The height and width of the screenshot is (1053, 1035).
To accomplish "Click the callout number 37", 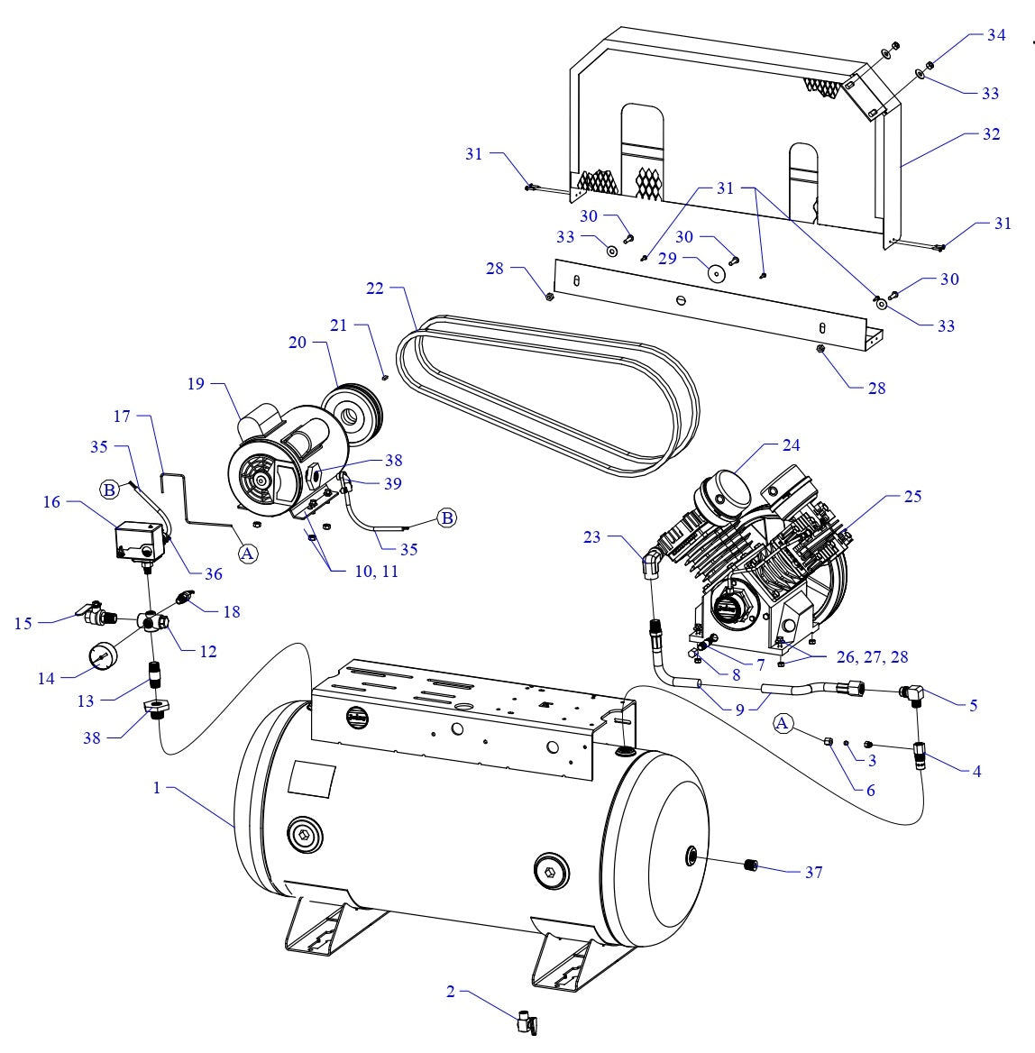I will [813, 873].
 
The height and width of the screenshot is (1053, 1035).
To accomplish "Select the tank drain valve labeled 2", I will [527, 1023].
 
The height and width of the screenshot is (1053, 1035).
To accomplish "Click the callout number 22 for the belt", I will [375, 288].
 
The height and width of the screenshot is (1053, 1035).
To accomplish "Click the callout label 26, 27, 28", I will [874, 658].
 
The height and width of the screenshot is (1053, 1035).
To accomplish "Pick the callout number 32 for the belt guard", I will [991, 134].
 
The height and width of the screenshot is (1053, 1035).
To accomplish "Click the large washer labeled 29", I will [718, 272].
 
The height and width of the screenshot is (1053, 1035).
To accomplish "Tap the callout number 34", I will [995, 35].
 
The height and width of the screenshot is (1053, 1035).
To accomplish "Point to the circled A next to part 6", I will [783, 723].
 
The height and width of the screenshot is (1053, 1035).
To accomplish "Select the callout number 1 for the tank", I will [157, 788].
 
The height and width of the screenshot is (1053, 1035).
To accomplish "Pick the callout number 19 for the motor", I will [197, 384].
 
